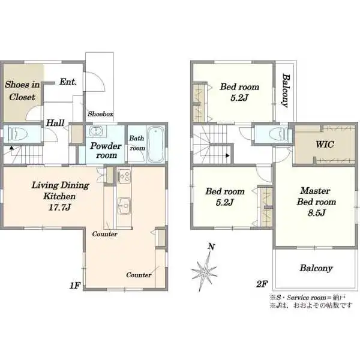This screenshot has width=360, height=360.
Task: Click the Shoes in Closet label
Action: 22,91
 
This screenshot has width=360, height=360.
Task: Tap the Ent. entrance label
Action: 68,82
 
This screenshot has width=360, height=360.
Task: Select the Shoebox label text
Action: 101,113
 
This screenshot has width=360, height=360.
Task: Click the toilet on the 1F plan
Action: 18,134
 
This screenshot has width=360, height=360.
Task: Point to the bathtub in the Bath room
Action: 155,144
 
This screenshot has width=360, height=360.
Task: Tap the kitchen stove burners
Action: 124,176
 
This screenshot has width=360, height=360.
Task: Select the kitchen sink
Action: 124,205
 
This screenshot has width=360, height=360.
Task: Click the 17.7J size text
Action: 59,208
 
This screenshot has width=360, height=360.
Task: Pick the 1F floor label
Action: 75,286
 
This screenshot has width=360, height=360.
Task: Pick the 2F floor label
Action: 262,284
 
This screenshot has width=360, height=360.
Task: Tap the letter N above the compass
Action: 211,247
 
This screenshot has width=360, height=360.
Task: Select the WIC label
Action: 325,145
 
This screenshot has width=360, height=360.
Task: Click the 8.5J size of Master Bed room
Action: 317,213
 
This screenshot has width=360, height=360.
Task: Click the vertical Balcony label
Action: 286,90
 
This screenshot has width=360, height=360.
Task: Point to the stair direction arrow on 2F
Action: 227,155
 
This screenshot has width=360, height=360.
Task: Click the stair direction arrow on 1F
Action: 11,148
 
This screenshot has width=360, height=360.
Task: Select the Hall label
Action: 55,123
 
